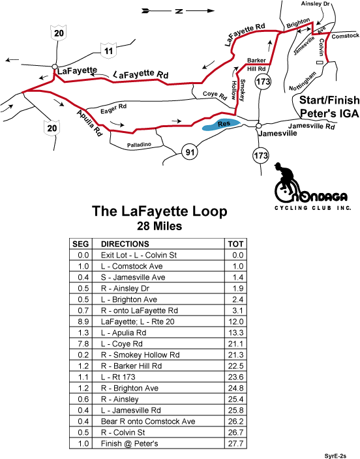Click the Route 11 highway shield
click(108, 50)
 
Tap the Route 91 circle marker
click(190, 152)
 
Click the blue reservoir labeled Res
click(221, 125)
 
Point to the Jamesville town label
click(278, 134)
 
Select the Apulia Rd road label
click(90, 123)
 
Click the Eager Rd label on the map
click(113, 109)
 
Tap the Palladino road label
click(139, 145)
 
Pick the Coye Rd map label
click(215, 95)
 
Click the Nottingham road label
click(303, 81)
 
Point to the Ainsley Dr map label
click(316, 4)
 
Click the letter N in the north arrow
click(179, 11)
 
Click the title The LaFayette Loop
click(160, 211)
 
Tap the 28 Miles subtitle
click(160, 226)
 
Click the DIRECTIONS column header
click(125, 244)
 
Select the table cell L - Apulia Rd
click(123, 333)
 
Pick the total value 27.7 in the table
click(236, 443)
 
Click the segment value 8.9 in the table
click(83, 321)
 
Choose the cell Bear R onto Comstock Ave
click(148, 421)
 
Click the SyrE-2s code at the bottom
click(335, 456)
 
